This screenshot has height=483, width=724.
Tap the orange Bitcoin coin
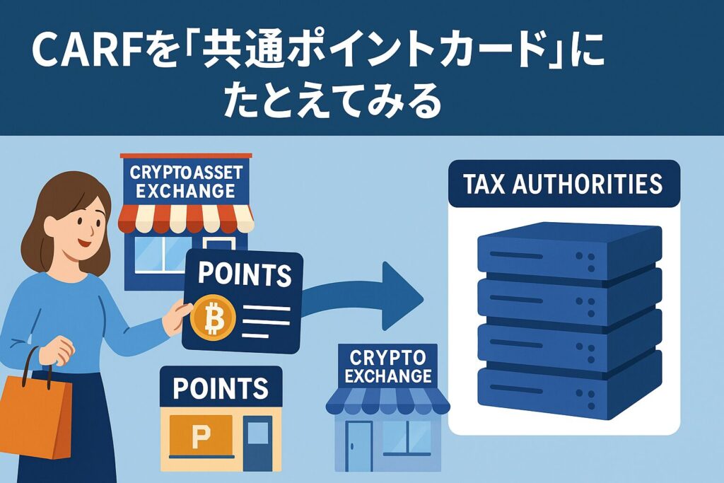tap(211, 319)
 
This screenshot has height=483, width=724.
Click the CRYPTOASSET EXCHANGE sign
tap(186, 180)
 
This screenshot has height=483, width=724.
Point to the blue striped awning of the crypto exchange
tap(387, 402)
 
